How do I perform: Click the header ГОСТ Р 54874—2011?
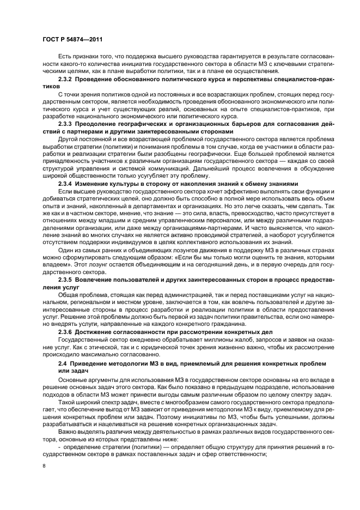tap(72, 39)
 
